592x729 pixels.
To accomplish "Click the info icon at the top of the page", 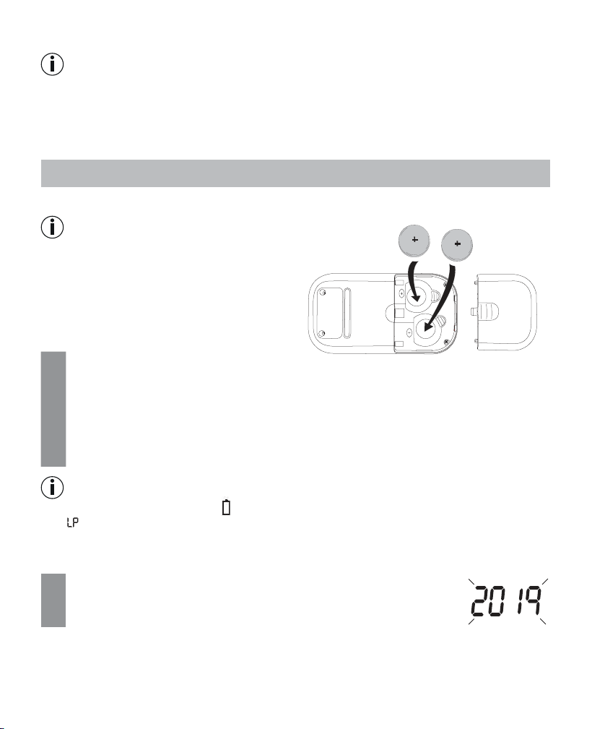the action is pos(53,64).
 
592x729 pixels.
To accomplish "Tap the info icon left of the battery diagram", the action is pos(53,228).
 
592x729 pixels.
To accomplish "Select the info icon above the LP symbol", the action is pos(53,488).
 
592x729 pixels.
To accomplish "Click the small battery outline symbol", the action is pos(226,507).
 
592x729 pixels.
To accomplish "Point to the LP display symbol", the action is pos(72,523).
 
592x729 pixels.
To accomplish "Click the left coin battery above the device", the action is pos(414,241).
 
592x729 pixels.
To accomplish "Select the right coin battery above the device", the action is pos(457,244).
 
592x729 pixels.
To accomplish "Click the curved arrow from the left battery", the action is pos(411,281).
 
